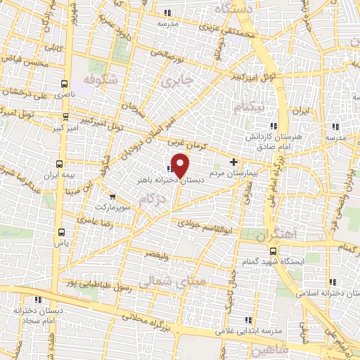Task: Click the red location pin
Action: tap(180, 165)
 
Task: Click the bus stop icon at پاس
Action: tap(61, 231)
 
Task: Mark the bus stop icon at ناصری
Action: tap(65, 82)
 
